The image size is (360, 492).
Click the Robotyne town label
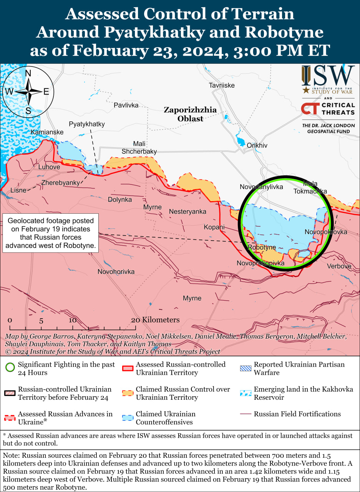262,247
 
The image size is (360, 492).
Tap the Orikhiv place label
257,145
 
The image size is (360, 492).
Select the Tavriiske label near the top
222,85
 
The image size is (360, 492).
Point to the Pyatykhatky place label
87,124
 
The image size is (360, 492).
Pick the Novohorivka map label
116,272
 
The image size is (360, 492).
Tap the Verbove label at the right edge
339,266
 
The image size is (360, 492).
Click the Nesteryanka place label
187,212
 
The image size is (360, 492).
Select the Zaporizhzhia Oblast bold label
190,114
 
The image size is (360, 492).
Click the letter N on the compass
28,74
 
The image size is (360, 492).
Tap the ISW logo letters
328,76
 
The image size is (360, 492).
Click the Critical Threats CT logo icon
310,108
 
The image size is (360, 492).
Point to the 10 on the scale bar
72,320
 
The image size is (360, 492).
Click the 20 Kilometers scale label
155,320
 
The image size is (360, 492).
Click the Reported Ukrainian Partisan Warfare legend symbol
245,368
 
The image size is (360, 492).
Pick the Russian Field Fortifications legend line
245,414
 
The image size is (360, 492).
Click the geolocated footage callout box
50,233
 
